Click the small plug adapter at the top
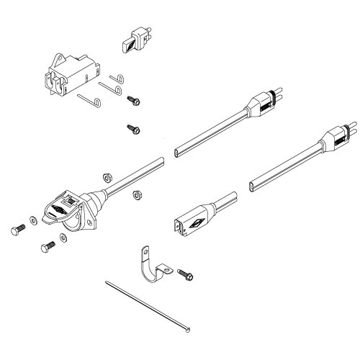(x=136, y=40)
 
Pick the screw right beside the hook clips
(x=132, y=100)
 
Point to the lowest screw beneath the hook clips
(x=134, y=128)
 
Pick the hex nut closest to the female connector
(x=138, y=193)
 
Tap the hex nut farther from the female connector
(x=107, y=176)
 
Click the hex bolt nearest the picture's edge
(x=15, y=230)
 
